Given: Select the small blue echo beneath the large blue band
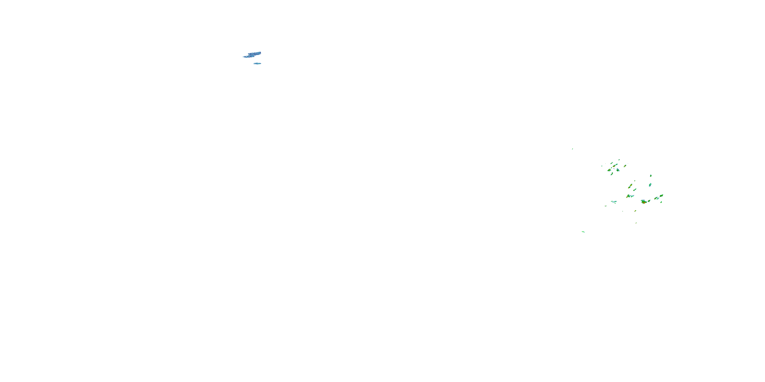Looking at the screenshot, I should pyautogui.click(x=258, y=63).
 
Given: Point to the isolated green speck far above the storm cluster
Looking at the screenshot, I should pyautogui.click(x=572, y=149).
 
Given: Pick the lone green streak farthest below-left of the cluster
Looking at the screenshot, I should pyautogui.click(x=583, y=232).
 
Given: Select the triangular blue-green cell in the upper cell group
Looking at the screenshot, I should pyautogui.click(x=618, y=170).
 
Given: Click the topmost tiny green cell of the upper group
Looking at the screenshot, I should pyautogui.click(x=619, y=160).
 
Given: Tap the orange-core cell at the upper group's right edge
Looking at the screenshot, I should pyautogui.click(x=625, y=166).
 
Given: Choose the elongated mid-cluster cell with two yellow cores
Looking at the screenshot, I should pyautogui.click(x=630, y=186).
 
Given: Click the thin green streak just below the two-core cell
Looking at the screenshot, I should pyautogui.click(x=635, y=190).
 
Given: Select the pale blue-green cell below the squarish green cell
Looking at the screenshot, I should pyautogui.click(x=650, y=185).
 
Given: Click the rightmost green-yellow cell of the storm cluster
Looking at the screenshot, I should pyautogui.click(x=662, y=196).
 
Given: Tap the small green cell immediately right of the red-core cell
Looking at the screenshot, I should pyautogui.click(x=649, y=201).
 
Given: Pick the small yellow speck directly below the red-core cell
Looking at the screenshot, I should pyautogui.click(x=635, y=211).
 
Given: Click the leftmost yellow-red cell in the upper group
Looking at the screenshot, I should pyautogui.click(x=609, y=170).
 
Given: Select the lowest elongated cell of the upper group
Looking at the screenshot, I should pyautogui.click(x=612, y=174).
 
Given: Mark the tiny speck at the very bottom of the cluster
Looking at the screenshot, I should pyautogui.click(x=636, y=223).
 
